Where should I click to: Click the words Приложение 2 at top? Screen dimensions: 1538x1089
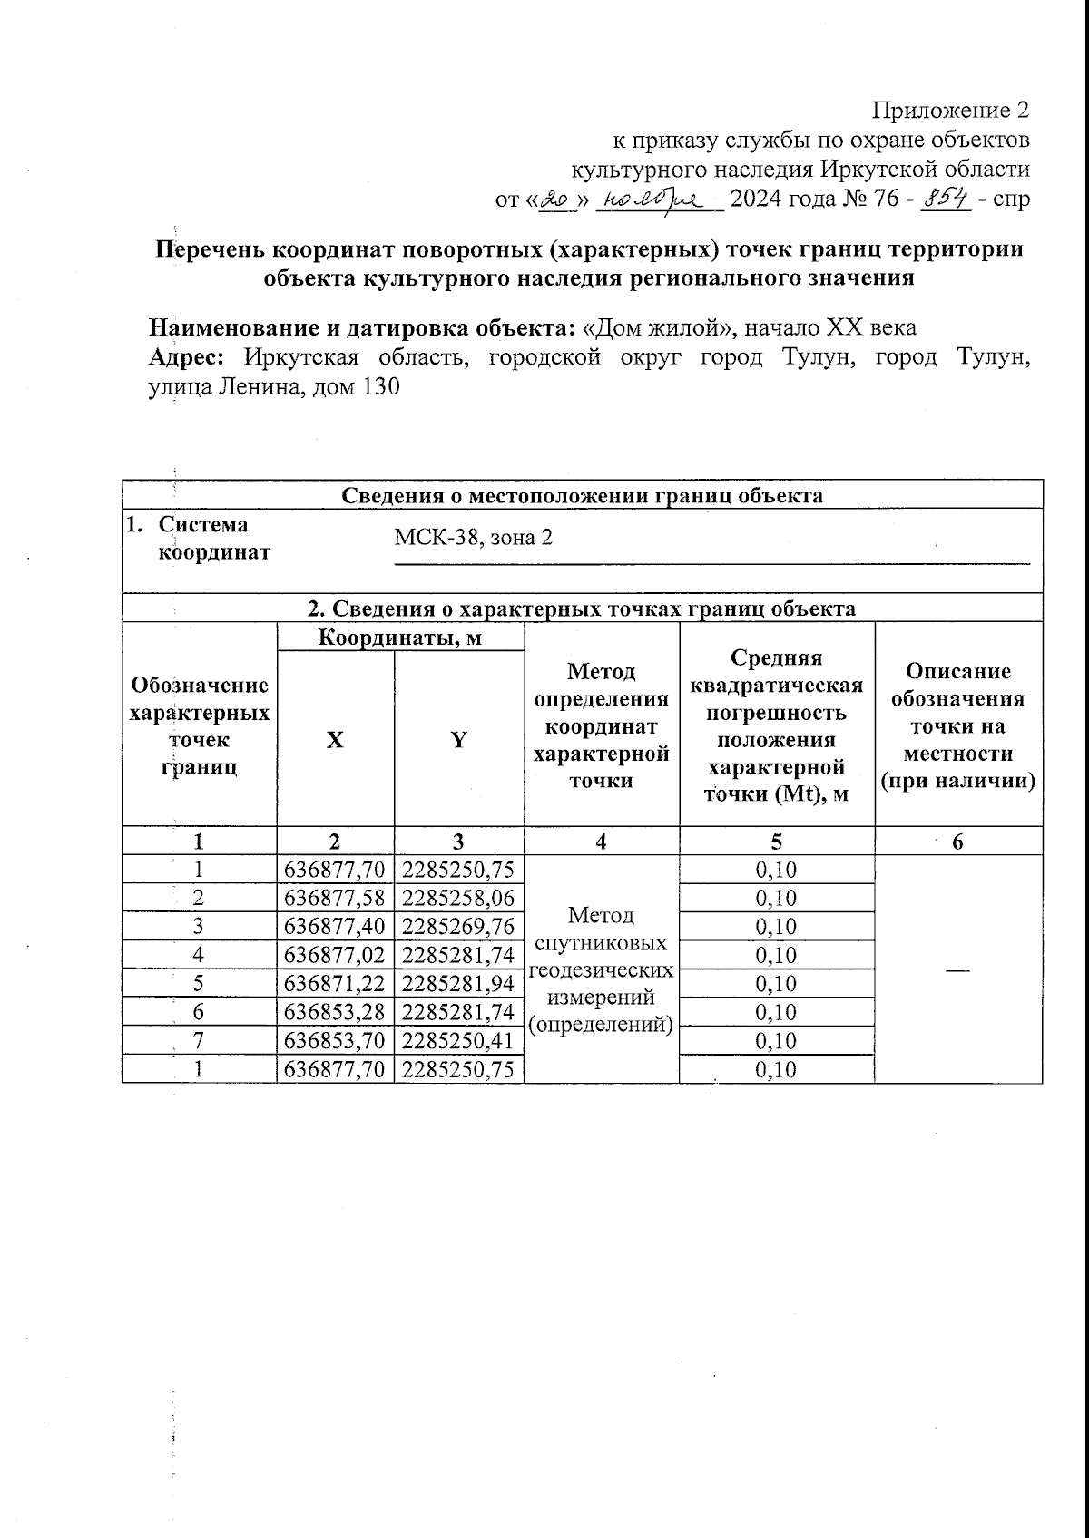tap(951, 111)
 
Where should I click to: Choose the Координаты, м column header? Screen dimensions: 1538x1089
tap(399, 638)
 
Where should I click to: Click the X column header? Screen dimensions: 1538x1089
tap(335, 740)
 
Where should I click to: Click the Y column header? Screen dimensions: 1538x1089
tap(459, 740)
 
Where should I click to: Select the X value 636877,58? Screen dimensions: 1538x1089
tap(335, 899)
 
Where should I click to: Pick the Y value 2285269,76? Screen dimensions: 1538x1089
tap(459, 927)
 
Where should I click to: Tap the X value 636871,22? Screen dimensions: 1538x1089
tap(335, 984)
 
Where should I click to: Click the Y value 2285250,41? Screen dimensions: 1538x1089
tap(459, 1041)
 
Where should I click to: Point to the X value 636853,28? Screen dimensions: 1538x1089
tap(335, 1012)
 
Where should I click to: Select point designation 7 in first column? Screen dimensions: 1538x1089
tap(198, 1041)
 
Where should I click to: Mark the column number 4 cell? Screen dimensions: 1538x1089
tap(601, 842)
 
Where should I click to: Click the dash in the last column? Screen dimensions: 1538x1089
tap(957, 970)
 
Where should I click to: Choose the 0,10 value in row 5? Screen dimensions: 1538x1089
tap(776, 984)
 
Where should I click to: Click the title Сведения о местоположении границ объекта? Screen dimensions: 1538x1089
tap(582, 495)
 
